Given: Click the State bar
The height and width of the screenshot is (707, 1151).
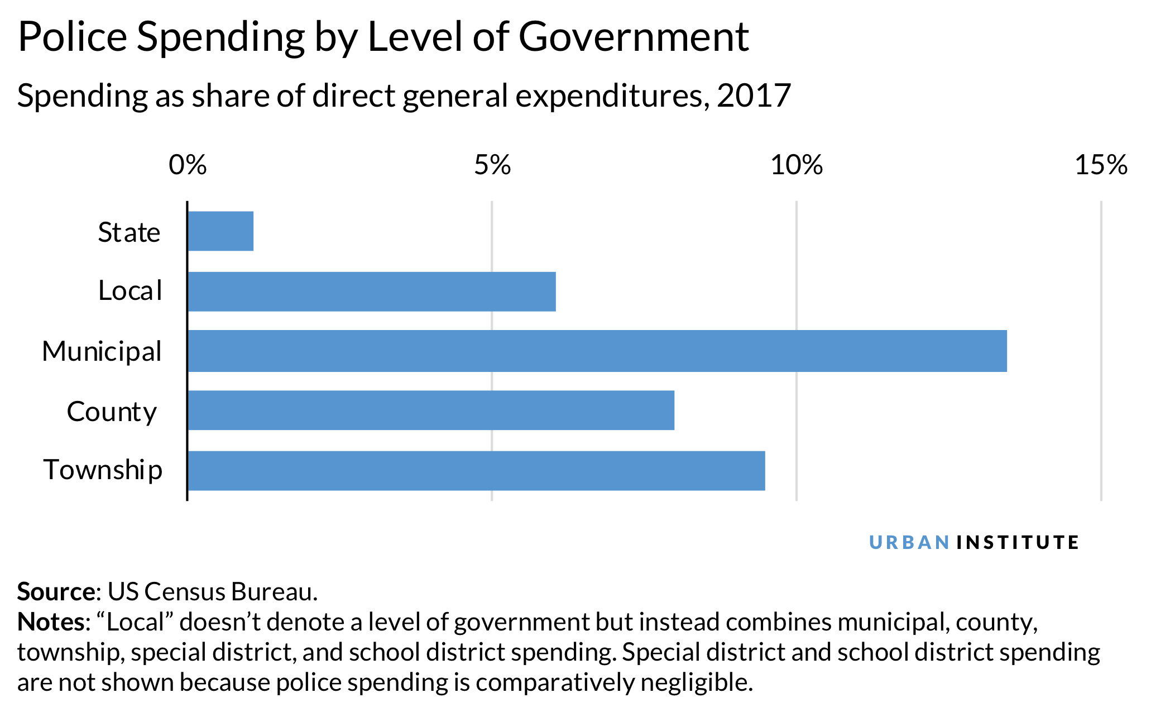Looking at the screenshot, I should (x=220, y=231).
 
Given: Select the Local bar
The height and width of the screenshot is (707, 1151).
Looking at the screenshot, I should (x=372, y=292).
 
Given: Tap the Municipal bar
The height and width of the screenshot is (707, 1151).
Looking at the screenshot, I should (x=597, y=351).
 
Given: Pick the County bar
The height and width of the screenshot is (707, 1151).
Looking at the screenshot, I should (x=431, y=410).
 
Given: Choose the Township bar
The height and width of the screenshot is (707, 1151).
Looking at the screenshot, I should (x=476, y=471).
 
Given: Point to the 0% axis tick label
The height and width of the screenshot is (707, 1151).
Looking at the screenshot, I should (x=188, y=165).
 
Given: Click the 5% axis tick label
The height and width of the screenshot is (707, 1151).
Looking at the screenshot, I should (x=492, y=165).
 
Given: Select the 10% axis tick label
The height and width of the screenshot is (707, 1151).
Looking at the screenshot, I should (x=797, y=165).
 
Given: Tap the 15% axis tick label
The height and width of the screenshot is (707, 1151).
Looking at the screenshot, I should (x=1101, y=165).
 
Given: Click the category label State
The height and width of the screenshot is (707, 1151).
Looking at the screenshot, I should (x=129, y=232).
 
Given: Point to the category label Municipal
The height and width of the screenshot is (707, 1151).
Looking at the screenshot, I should (x=102, y=352).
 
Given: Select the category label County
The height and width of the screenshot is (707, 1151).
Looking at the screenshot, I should (x=112, y=412).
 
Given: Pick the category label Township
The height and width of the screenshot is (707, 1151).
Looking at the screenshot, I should (x=103, y=470).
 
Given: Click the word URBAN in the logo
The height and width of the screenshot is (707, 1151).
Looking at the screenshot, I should (x=909, y=542).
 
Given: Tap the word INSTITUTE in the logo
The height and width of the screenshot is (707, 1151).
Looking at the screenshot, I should (x=1018, y=542).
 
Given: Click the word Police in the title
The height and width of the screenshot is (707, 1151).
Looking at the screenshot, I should (x=73, y=37).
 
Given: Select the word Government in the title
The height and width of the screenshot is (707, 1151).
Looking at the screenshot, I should (x=634, y=37).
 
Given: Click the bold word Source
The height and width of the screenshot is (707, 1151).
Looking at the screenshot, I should (x=56, y=592).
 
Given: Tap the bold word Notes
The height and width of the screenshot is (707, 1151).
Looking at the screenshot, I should (x=51, y=622).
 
